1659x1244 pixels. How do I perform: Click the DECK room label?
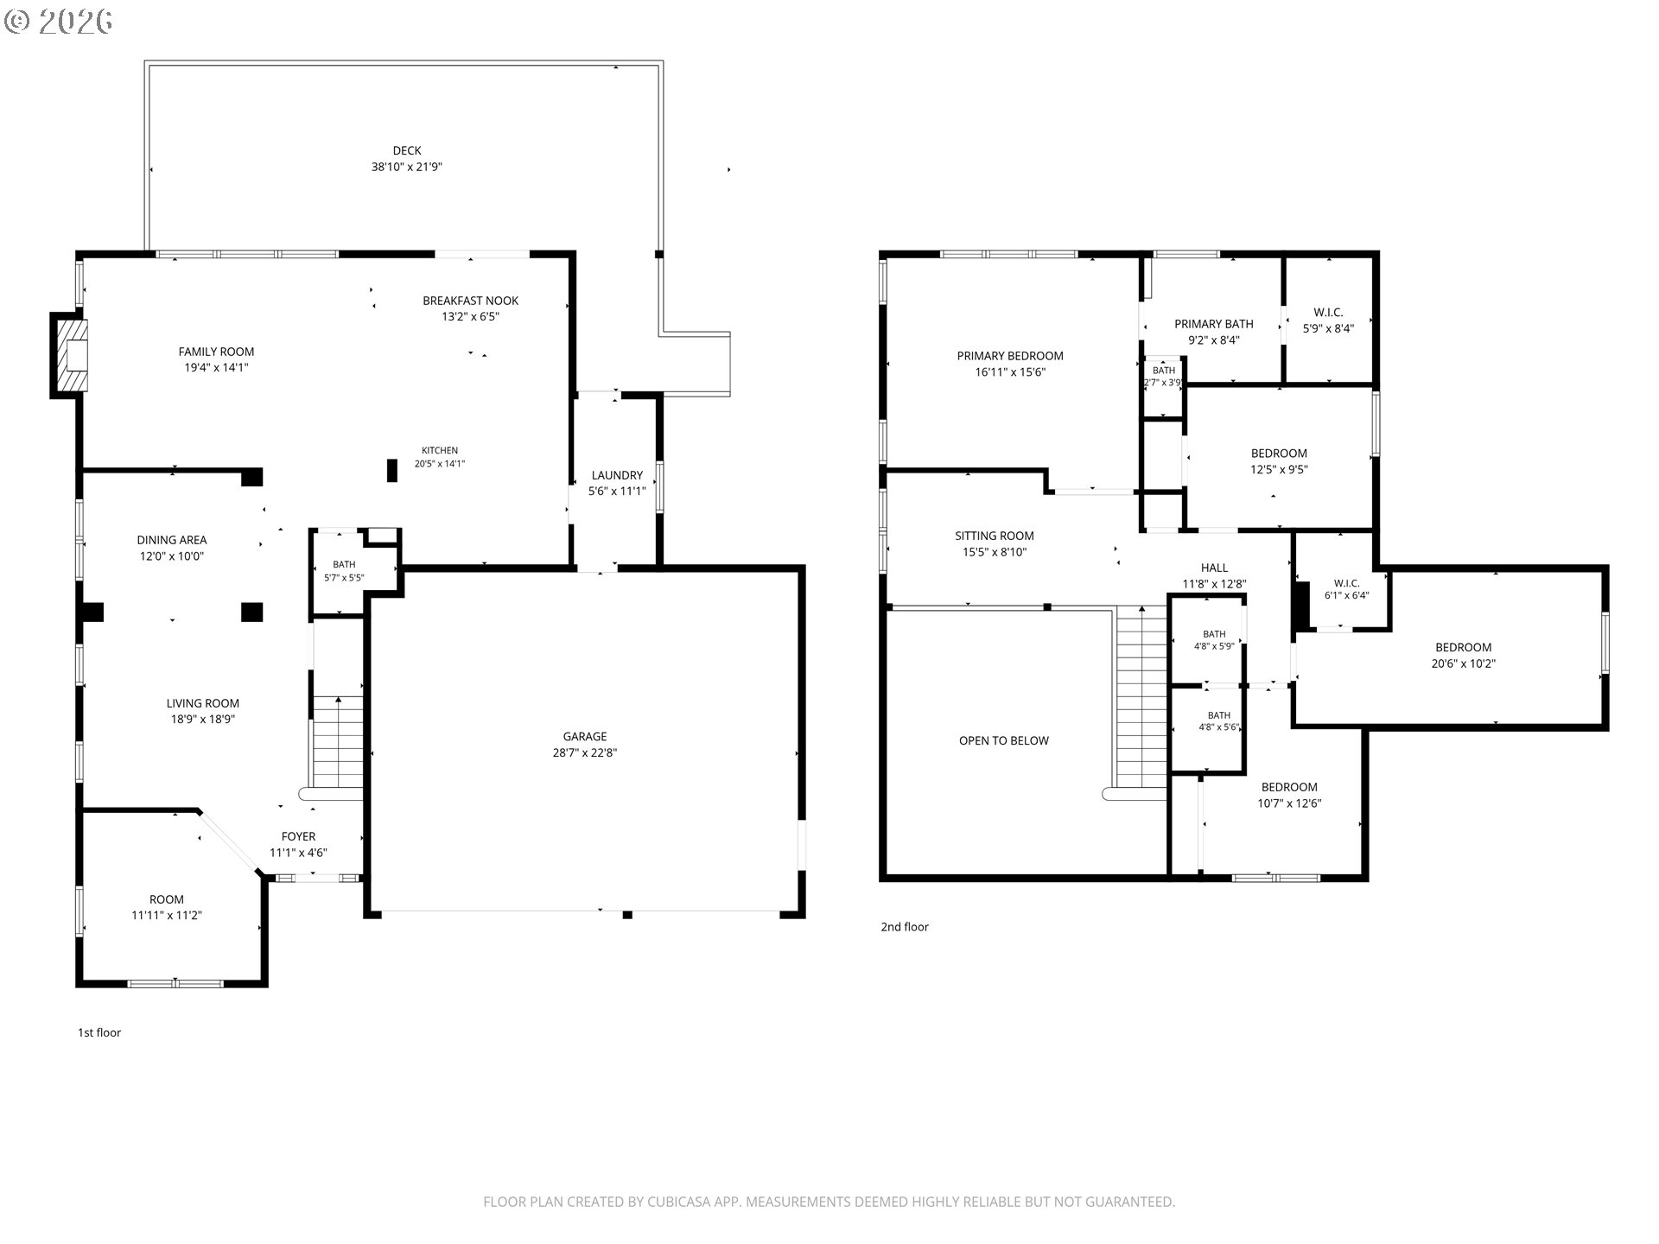tap(407, 150)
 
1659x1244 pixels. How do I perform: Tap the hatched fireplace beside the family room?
tap(71, 355)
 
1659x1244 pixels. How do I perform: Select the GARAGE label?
tap(585, 737)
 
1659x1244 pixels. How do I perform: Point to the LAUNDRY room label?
tap(617, 475)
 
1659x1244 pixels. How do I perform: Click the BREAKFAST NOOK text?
tap(471, 301)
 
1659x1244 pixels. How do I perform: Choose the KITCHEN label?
tap(440, 450)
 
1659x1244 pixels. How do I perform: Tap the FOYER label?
tap(298, 836)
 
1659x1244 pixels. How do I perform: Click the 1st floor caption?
tap(99, 1032)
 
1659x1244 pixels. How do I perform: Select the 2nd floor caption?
tap(905, 927)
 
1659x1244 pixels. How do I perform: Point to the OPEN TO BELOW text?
tap(1004, 740)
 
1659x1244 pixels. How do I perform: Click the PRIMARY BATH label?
tap(1214, 324)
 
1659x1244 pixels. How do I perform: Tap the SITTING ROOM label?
tap(995, 536)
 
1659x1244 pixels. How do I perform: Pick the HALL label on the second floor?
tap(1214, 568)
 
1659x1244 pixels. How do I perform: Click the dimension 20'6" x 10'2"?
tap(1464, 663)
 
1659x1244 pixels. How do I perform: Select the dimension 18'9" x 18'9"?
tap(203, 719)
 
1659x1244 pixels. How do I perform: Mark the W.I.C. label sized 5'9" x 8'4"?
tap(1328, 313)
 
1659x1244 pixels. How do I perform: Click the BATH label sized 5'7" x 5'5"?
tap(344, 564)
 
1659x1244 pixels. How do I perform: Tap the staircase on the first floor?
tap(337, 742)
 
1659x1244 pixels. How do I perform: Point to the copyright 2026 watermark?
tap(59, 21)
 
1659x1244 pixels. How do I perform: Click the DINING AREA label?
tap(172, 540)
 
